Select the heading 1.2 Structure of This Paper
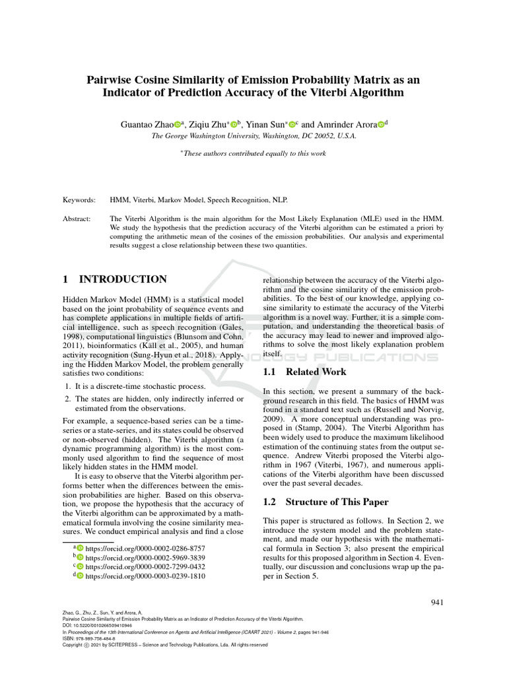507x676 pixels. [326, 501]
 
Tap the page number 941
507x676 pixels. [437, 601]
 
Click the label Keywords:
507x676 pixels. [79, 199]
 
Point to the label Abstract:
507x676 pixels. [78, 218]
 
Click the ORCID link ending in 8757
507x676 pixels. [145, 549]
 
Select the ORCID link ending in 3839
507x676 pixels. [145, 558]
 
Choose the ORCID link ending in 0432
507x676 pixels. [145, 566]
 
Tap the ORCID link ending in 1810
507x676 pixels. [145, 576]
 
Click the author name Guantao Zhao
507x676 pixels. [147, 124]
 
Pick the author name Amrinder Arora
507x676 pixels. [347, 124]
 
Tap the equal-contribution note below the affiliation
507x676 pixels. [253, 153]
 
